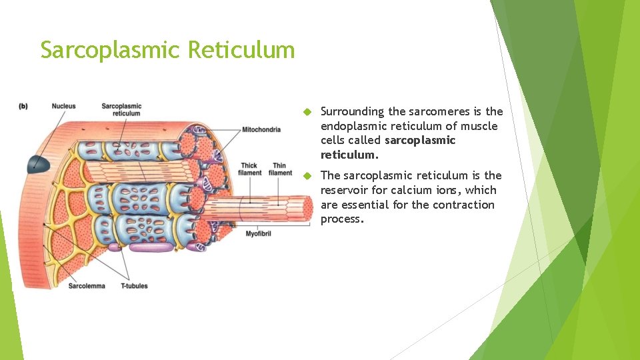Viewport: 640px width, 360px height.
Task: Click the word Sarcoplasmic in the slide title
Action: coord(110,49)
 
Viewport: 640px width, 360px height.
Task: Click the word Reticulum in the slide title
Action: coord(241,49)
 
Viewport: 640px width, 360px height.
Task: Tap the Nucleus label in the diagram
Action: coord(63,106)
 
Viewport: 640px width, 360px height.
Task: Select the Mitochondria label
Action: coord(261,129)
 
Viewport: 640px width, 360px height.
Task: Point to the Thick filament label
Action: coord(250,169)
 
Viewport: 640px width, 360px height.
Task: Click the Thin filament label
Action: coord(280,169)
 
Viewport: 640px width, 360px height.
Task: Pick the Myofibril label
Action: coord(258,234)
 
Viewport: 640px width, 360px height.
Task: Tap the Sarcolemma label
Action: coord(87,286)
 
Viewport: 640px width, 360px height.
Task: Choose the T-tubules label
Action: coord(134,286)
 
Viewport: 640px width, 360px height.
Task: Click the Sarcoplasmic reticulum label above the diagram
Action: coord(121,109)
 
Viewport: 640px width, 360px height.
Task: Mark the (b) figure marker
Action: coord(23,106)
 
